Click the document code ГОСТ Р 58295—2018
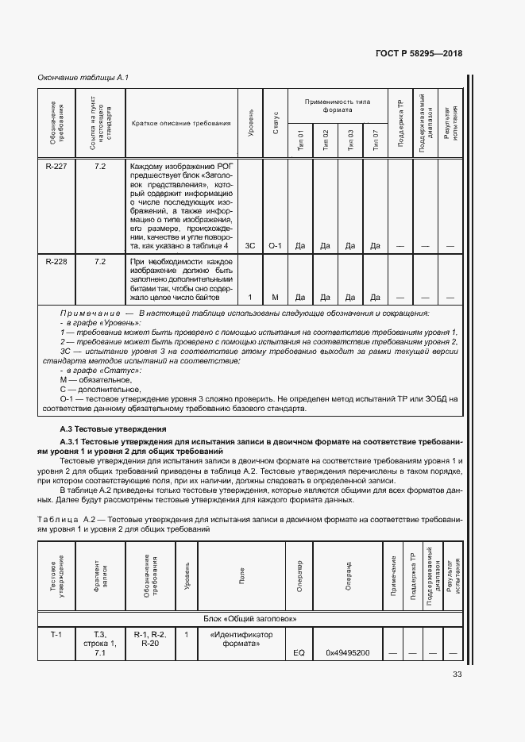tap(419, 54)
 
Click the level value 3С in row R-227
tap(251, 246)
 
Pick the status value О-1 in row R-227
tap(276, 246)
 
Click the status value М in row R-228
tap(276, 298)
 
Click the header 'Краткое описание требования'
tap(181, 123)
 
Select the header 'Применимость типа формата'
tap(337, 106)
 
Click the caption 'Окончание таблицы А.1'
tap(83, 77)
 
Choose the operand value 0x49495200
tap(347, 653)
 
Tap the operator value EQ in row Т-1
tap(299, 653)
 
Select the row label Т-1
tap(56, 635)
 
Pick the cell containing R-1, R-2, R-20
tap(149, 640)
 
